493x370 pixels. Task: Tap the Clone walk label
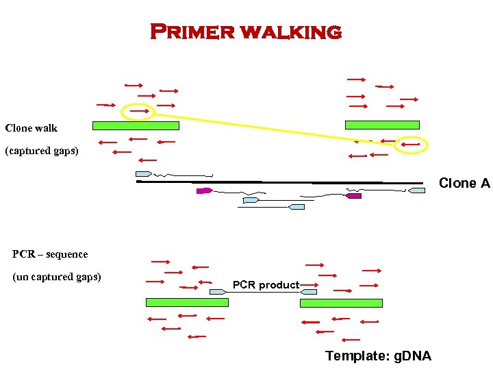(x=31, y=128)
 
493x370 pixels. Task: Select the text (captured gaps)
(x=42, y=151)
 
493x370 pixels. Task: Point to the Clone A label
(x=464, y=183)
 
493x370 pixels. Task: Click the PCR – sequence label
(x=50, y=254)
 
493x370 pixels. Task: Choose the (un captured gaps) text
(x=57, y=277)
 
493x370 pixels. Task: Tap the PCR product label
(x=266, y=285)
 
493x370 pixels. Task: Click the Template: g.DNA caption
(x=378, y=356)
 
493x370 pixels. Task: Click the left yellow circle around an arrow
(x=138, y=111)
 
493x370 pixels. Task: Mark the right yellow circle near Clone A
(x=412, y=145)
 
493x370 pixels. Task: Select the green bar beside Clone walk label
(x=136, y=125)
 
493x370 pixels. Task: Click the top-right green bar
(x=382, y=125)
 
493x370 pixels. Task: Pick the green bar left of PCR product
(x=187, y=302)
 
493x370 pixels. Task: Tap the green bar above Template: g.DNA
(x=341, y=302)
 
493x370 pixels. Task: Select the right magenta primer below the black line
(x=353, y=196)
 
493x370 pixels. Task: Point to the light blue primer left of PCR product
(x=218, y=292)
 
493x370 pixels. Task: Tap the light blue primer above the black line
(x=143, y=174)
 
